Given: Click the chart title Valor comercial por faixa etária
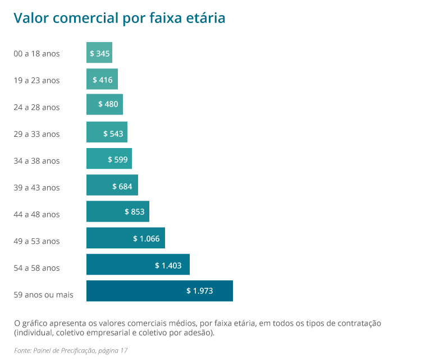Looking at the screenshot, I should click(119, 18).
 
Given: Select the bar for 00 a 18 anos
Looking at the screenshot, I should click(99, 53).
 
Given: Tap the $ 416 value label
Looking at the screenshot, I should click(102, 80).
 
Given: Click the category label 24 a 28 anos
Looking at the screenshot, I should click(36, 107).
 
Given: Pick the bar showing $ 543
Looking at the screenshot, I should click(107, 133).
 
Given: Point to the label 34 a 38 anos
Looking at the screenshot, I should click(36, 161).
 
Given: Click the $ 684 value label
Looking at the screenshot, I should click(122, 187).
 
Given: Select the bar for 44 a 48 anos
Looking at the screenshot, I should click(117, 212).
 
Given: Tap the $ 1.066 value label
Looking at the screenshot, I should click(146, 238).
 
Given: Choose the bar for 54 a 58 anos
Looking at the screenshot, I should click(138, 265).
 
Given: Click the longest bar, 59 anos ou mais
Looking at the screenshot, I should click(159, 291).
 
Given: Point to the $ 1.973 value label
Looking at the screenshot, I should click(199, 291).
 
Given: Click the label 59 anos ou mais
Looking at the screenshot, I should click(43, 295).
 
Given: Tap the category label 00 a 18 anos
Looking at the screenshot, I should click(36, 54).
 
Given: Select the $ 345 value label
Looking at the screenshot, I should click(99, 53).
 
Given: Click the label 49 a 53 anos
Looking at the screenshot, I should click(36, 241).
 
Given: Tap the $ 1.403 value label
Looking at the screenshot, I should click(168, 265).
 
